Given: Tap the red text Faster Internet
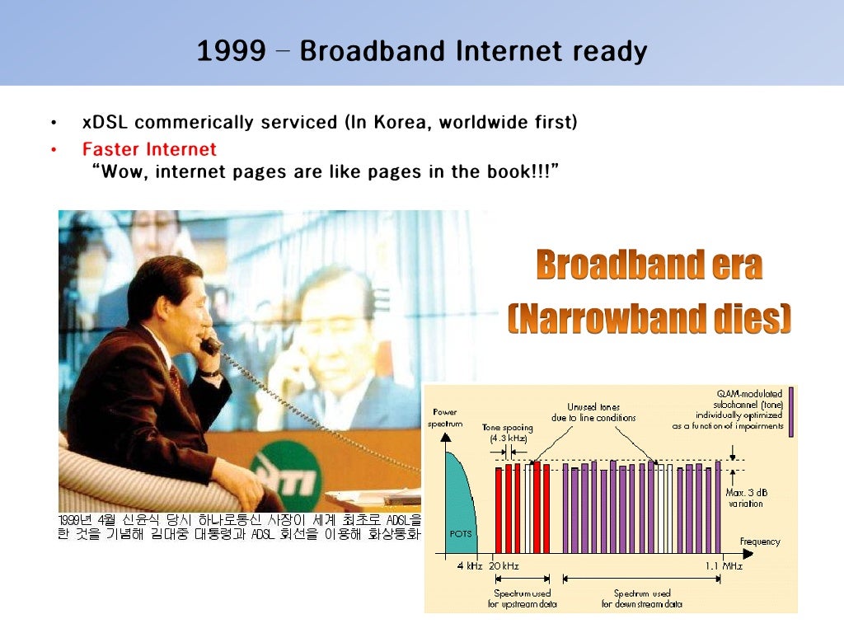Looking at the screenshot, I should (x=149, y=149).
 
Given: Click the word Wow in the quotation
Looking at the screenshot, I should (x=122, y=172).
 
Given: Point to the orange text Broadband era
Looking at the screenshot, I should (x=649, y=265).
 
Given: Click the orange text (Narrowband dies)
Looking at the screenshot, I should (x=649, y=318).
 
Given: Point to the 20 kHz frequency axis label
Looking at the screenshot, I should (x=503, y=566).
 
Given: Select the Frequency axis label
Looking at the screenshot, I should (x=759, y=542).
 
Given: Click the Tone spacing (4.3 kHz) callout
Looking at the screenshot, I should (x=507, y=434).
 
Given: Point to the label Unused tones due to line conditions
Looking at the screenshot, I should (x=593, y=413).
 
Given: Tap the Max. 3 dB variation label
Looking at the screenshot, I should (x=744, y=498).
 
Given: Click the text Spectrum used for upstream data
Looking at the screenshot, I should (x=522, y=598).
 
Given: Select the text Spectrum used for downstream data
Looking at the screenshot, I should (x=642, y=598).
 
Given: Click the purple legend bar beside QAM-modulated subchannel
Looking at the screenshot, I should (x=791, y=410).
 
